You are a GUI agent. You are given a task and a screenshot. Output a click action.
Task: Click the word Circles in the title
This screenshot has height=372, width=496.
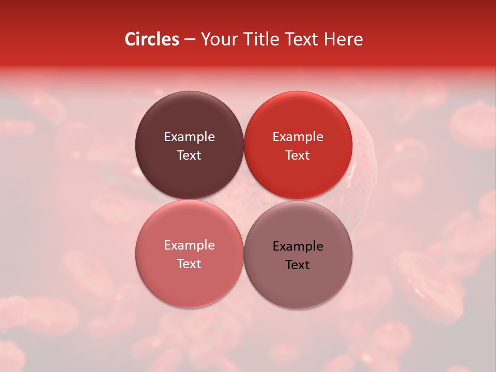tap(152, 39)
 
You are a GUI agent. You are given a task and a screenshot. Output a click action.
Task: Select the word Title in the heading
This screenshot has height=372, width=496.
tap(257, 39)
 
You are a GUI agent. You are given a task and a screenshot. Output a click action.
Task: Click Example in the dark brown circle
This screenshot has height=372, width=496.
tap(189, 137)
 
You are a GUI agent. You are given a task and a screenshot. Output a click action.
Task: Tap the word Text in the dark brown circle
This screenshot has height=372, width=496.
tap(189, 155)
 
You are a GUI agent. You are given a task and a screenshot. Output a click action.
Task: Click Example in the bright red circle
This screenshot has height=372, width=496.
tap(298, 137)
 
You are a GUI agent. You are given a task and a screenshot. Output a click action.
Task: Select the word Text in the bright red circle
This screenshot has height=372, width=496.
tap(298, 155)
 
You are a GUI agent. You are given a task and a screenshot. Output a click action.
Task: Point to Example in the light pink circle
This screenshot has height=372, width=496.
tap(189, 245)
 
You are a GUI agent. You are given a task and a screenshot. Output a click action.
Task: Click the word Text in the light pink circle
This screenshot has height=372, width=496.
tap(189, 263)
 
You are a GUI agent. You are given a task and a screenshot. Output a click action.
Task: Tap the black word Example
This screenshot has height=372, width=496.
tap(298, 246)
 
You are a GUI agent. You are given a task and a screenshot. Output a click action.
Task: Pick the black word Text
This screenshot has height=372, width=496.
tap(298, 265)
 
